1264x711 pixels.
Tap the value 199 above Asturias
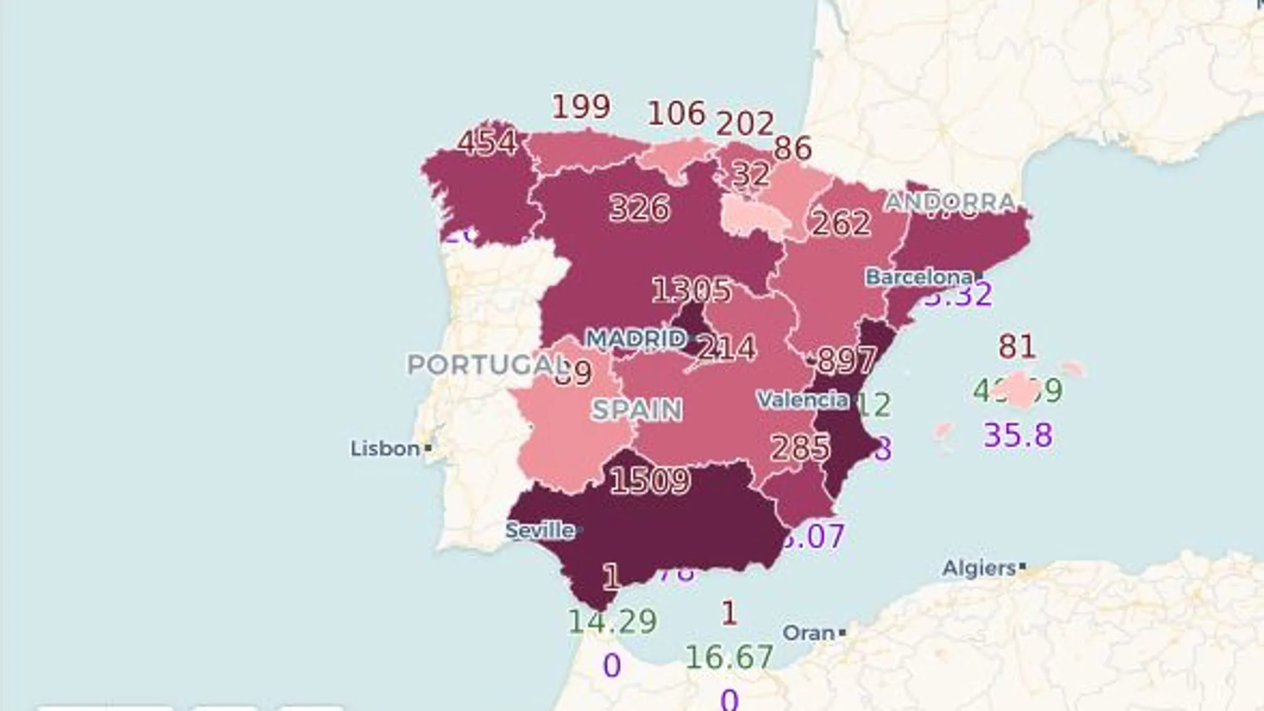581,106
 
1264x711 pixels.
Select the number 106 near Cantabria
677,113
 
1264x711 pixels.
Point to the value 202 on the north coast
744,124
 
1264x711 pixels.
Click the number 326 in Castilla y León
639,208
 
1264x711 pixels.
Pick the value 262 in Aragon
841,223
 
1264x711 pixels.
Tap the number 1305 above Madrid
691,290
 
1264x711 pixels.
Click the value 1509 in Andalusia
650,480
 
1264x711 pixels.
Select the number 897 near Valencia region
846,360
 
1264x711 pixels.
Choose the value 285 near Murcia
800,448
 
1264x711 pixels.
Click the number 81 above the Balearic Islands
1017,347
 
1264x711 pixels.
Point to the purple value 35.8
1018,436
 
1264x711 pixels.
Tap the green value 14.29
613,621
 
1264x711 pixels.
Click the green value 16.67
729,657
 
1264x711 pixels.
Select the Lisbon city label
385,449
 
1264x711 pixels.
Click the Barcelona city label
919,277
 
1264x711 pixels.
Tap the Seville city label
540,530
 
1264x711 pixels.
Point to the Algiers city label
979,568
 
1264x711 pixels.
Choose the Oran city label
808,633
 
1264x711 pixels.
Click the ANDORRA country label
950,201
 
